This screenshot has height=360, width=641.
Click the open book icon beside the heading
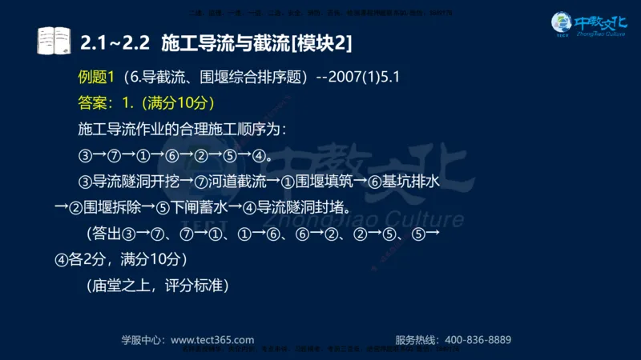coord(54,40)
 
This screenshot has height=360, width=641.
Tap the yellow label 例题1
coord(96,78)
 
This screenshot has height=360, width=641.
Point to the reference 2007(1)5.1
coord(367,78)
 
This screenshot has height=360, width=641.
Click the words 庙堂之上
coord(130,285)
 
